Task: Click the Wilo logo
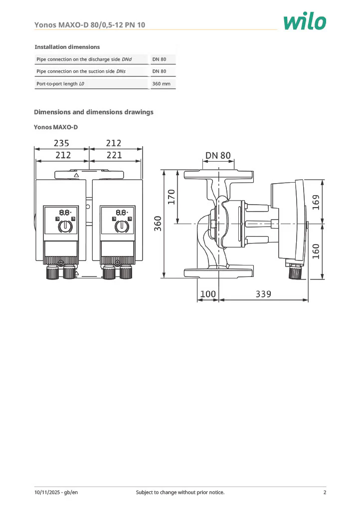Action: coord(304,21)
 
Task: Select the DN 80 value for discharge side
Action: coord(159,59)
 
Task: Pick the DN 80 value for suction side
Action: coord(159,71)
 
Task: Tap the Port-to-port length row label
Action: coord(60,84)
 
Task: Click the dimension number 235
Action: coord(61,143)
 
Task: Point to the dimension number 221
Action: coord(114,155)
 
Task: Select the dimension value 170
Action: coord(172,197)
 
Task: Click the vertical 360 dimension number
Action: coord(158,224)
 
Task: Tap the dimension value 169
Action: coord(316,202)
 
